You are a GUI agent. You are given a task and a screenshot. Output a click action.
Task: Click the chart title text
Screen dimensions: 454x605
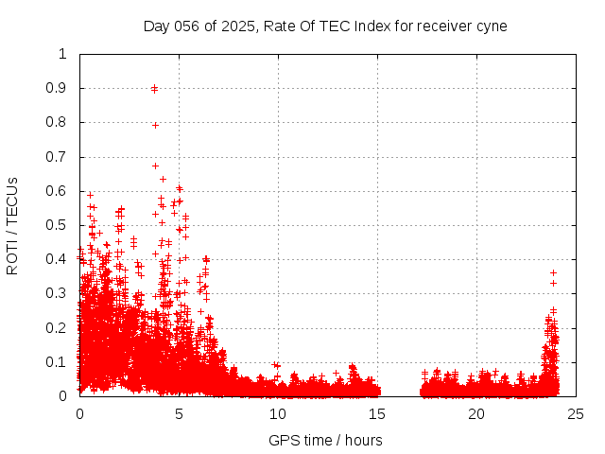(325, 26)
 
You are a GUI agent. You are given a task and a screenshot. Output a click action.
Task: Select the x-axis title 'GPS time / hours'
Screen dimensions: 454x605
(325, 440)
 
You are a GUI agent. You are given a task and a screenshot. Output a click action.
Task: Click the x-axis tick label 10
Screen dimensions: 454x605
(278, 414)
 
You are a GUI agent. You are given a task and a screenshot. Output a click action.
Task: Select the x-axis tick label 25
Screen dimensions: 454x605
(576, 414)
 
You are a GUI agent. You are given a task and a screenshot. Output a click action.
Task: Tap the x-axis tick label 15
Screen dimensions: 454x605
(377, 414)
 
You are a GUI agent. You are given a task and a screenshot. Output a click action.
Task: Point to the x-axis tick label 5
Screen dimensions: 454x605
(179, 414)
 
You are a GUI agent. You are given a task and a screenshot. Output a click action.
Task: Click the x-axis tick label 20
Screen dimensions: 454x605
(476, 414)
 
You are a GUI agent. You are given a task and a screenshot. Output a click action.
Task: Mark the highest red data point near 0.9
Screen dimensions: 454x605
(154, 88)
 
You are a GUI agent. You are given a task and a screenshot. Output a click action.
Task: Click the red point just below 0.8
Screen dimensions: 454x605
(155, 125)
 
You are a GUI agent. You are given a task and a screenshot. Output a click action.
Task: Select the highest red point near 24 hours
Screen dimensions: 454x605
(553, 272)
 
